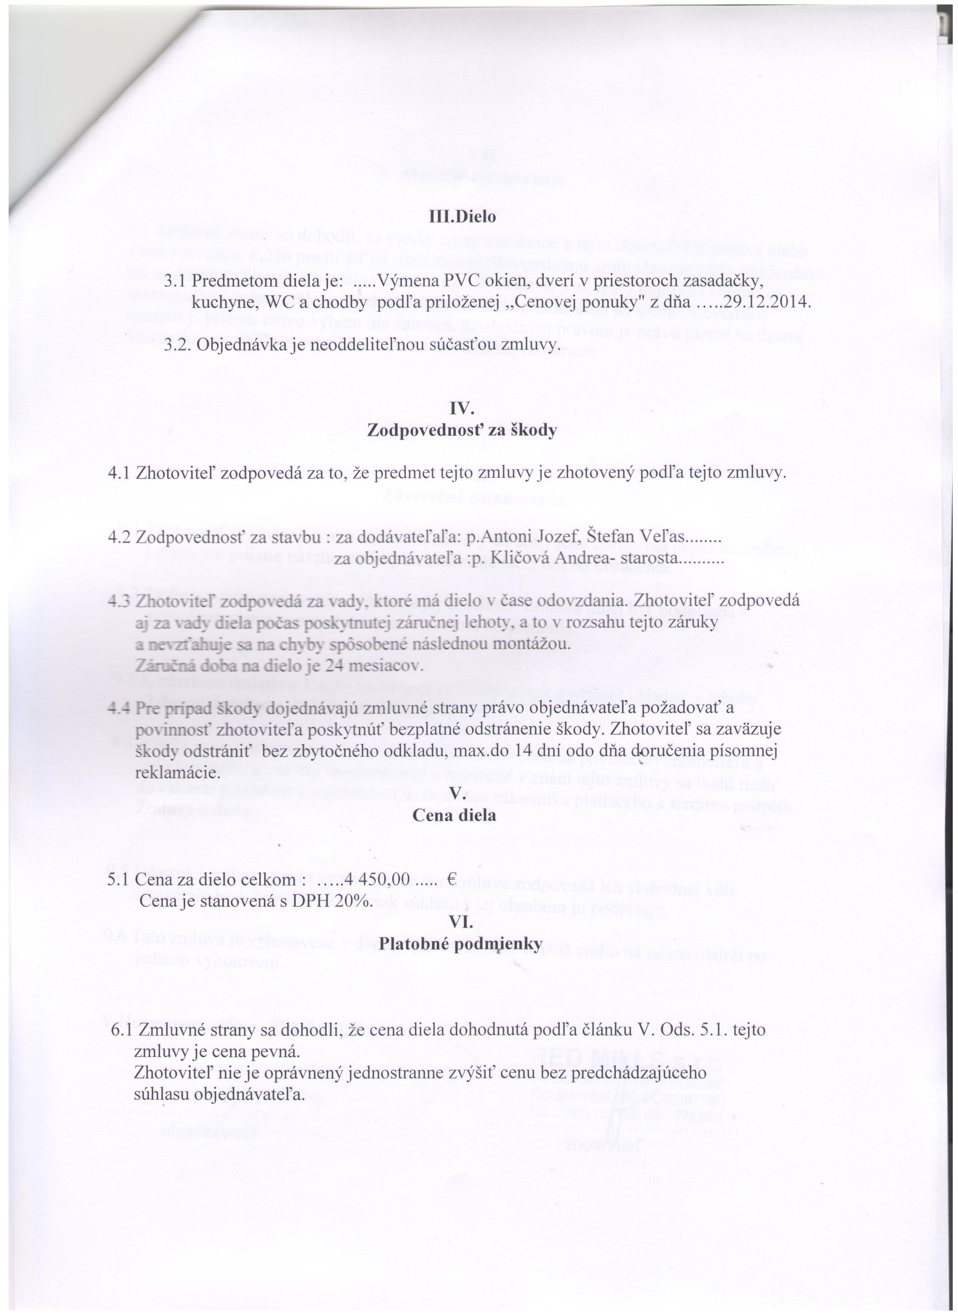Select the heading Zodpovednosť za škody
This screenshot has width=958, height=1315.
[x=462, y=431]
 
